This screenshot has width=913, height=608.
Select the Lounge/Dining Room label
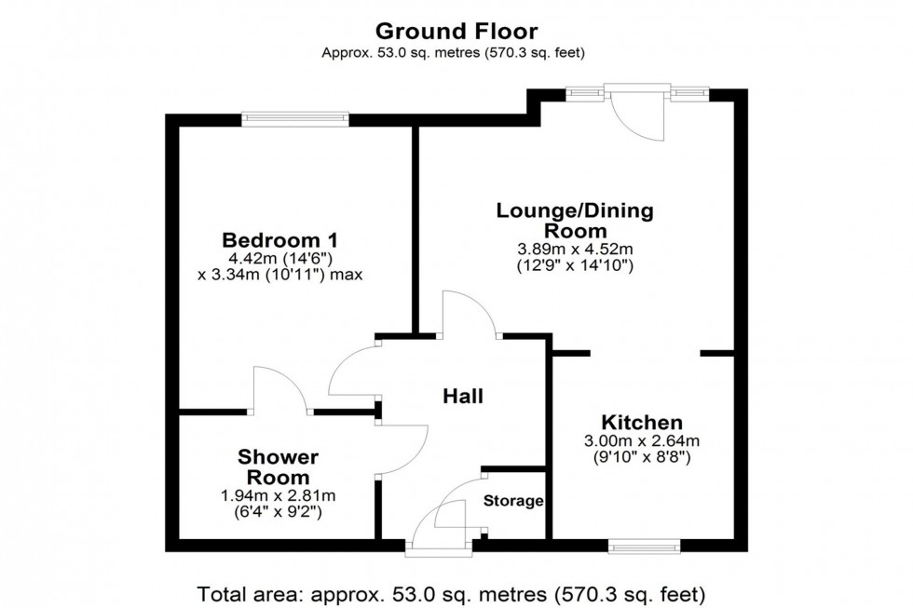pyautogui.click(x=575, y=221)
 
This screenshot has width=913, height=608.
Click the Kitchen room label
pyautogui.click(x=641, y=422)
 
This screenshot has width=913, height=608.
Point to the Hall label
pyautogui.click(x=463, y=397)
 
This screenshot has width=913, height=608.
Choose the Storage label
pyautogui.click(x=513, y=501)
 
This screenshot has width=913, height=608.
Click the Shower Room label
pyautogui.click(x=279, y=466)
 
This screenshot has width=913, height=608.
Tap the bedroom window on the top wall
pyautogui.click(x=295, y=118)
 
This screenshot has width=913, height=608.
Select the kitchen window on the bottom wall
pyautogui.click(x=644, y=547)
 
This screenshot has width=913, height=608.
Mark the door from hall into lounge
pyautogui.click(x=470, y=315)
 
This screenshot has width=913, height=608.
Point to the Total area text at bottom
pyautogui.click(x=451, y=593)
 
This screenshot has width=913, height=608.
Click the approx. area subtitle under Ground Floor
pyautogui.click(x=455, y=53)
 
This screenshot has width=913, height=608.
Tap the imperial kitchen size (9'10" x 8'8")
pyautogui.click(x=642, y=457)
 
